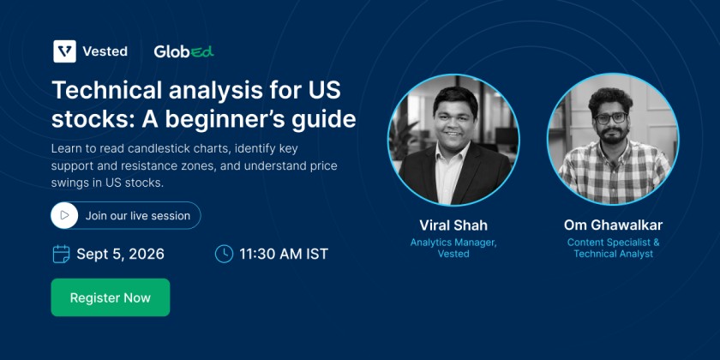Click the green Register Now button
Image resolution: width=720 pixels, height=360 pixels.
[111, 297]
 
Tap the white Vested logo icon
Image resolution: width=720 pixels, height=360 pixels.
[65, 51]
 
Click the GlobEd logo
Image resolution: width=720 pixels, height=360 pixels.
[183, 51]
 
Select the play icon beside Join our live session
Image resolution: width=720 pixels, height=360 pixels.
[64, 215]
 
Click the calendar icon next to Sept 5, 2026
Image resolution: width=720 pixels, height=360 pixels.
[61, 254]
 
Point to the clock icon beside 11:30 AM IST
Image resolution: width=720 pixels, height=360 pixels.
[224, 254]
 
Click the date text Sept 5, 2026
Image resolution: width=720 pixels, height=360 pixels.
[120, 254]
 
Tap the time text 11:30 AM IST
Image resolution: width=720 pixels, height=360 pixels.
[284, 254]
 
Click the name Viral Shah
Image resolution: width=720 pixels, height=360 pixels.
[453, 225]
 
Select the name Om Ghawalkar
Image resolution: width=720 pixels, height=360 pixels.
[613, 225]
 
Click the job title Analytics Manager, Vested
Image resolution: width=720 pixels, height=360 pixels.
[453, 248]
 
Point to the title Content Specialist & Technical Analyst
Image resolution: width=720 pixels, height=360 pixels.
[613, 248]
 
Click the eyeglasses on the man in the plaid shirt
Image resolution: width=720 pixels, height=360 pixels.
[610, 118]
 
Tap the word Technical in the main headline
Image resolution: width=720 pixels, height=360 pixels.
[106, 90]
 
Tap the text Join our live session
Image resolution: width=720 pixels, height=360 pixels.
[138, 216]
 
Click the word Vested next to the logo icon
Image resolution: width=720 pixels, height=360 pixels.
[105, 51]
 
